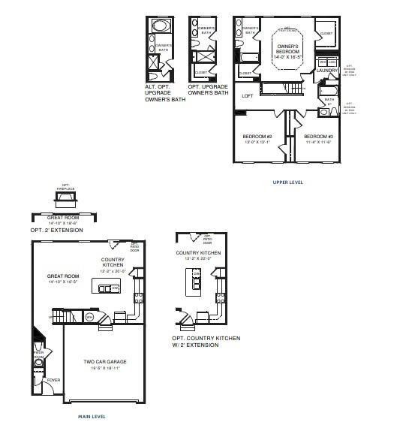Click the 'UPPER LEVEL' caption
pos(288,182)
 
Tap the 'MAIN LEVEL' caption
pos(92,415)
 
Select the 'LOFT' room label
pos(247,96)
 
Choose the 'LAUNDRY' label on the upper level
pos(327,71)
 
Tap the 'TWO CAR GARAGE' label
pos(104,362)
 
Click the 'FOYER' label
pos(53,380)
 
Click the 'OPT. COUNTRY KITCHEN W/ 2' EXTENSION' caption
pos(206,342)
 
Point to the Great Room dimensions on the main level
pos(63,283)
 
